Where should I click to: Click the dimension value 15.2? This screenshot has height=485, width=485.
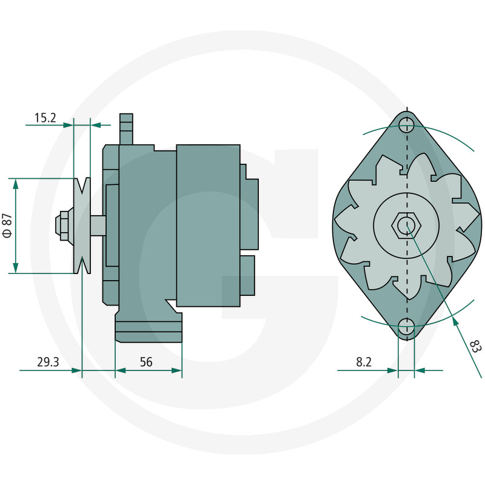click(x=45, y=118)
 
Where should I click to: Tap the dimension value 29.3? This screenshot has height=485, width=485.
click(x=48, y=363)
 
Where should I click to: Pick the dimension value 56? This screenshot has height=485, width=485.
click(x=146, y=363)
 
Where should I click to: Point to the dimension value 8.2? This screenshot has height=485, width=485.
click(x=364, y=363)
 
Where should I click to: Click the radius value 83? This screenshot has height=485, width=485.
click(x=475, y=346)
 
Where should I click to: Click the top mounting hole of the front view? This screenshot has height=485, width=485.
click(x=407, y=125)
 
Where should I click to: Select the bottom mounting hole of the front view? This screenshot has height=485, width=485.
click(x=407, y=329)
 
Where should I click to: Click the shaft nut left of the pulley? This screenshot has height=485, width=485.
click(x=63, y=225)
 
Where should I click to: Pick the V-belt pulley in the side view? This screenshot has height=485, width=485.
click(x=81, y=225)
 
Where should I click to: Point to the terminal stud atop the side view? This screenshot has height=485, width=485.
click(x=126, y=129)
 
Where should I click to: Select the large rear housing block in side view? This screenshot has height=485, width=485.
click(x=208, y=225)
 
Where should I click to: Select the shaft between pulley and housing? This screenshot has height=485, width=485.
click(x=98, y=225)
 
